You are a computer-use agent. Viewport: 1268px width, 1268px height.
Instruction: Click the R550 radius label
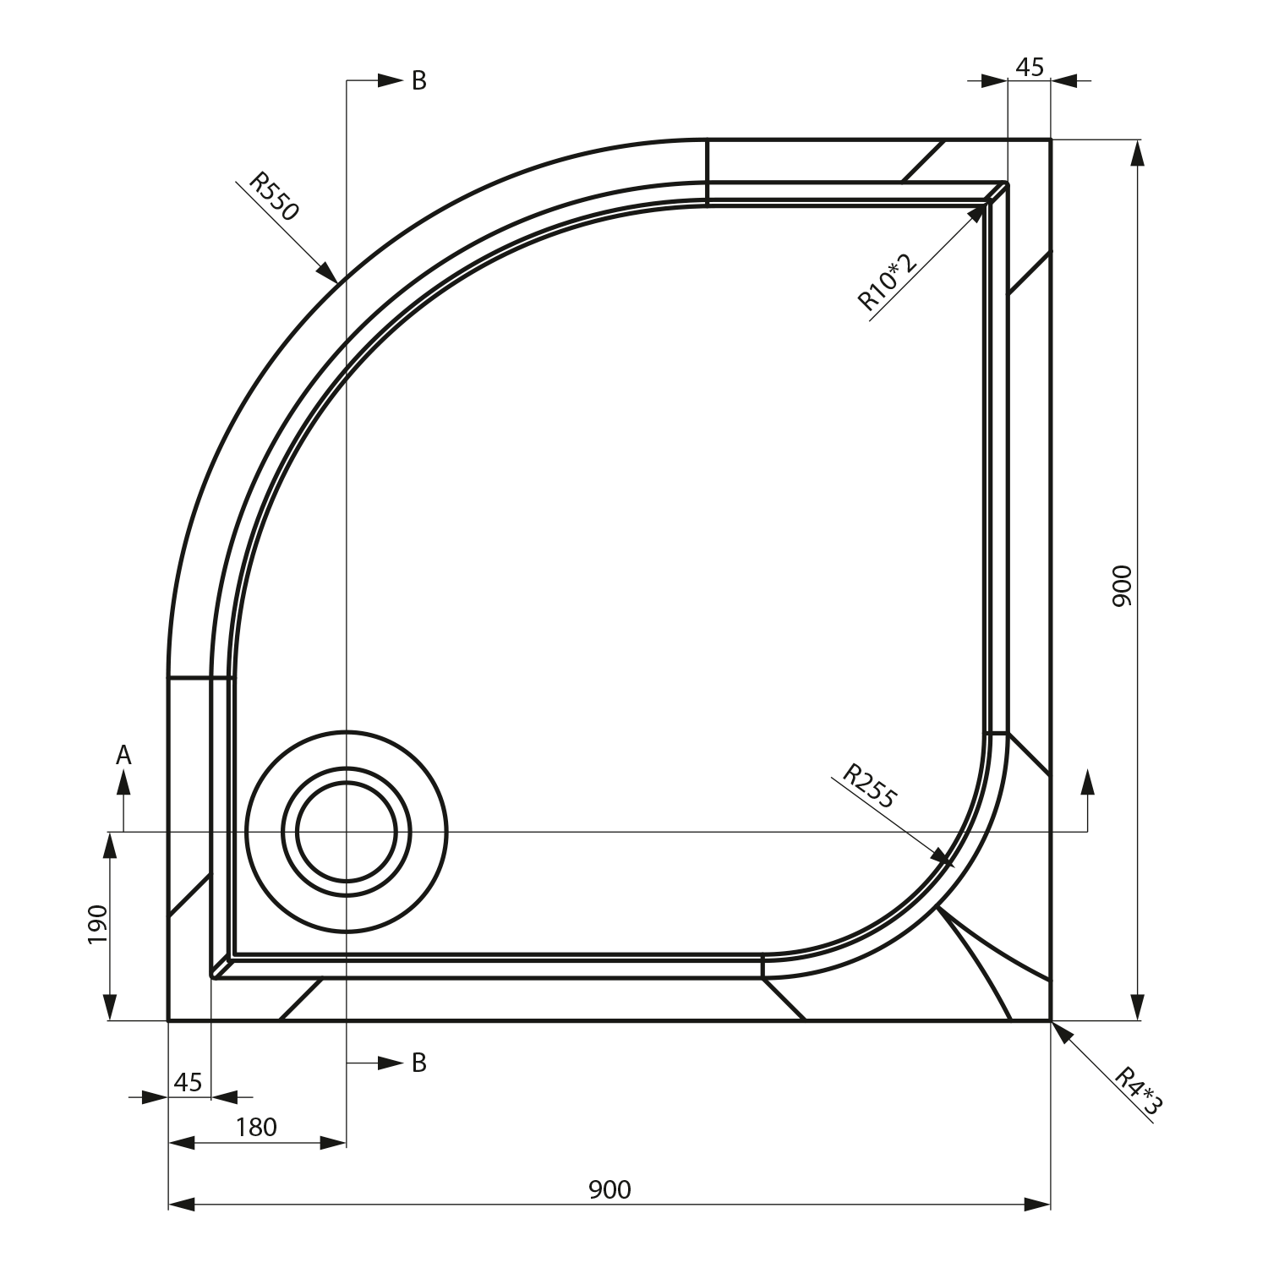[274, 197]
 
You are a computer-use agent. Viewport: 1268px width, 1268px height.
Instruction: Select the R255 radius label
[869, 786]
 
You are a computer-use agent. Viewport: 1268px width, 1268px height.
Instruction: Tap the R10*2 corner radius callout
[887, 281]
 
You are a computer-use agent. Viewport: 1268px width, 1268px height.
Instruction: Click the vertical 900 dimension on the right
[1121, 586]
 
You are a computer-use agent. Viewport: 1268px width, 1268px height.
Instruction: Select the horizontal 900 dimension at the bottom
[609, 1189]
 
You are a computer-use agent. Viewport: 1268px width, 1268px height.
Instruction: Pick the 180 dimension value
[256, 1127]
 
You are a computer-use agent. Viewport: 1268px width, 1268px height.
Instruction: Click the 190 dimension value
[97, 924]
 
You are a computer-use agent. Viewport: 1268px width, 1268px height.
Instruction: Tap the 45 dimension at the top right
[1030, 67]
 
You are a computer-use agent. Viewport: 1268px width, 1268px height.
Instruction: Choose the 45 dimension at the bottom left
[188, 1082]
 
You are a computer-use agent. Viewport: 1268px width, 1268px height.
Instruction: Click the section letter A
[123, 755]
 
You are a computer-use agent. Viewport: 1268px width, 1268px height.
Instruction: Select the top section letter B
[419, 81]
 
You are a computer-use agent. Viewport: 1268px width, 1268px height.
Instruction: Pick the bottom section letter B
[419, 1063]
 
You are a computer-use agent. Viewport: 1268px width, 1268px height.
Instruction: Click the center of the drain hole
[347, 832]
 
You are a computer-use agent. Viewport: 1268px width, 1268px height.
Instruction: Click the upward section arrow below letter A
[124, 784]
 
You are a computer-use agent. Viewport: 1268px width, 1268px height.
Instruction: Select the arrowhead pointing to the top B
[390, 81]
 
